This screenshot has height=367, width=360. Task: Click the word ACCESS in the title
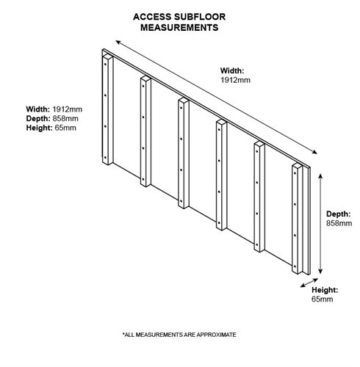click(152, 17)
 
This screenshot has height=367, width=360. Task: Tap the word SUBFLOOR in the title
click(200, 17)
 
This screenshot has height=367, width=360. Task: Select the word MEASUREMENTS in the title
click(179, 28)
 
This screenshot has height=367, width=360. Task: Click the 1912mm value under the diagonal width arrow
click(235, 80)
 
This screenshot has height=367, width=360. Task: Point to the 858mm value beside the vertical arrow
click(339, 223)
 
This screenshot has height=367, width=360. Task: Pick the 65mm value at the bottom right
click(323, 299)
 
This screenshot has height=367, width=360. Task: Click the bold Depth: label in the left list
click(38, 119)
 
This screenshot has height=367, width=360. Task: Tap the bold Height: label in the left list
click(39, 128)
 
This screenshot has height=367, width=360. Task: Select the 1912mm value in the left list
click(68, 109)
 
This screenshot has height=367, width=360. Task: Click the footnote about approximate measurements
click(179, 335)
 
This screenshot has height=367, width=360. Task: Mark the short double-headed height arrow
click(309, 283)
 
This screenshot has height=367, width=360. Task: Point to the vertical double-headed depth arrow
click(320, 224)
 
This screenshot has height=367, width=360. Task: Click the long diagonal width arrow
click(216, 97)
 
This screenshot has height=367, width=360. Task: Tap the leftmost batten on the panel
click(107, 109)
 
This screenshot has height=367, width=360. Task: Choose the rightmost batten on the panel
click(297, 219)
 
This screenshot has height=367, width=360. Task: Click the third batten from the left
click(184, 153)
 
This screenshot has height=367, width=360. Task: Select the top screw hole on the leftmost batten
click(105, 64)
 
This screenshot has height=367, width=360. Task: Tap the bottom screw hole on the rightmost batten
click(295, 266)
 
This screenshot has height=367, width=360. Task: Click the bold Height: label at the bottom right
click(325, 290)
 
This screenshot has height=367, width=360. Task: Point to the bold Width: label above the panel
click(232, 70)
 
